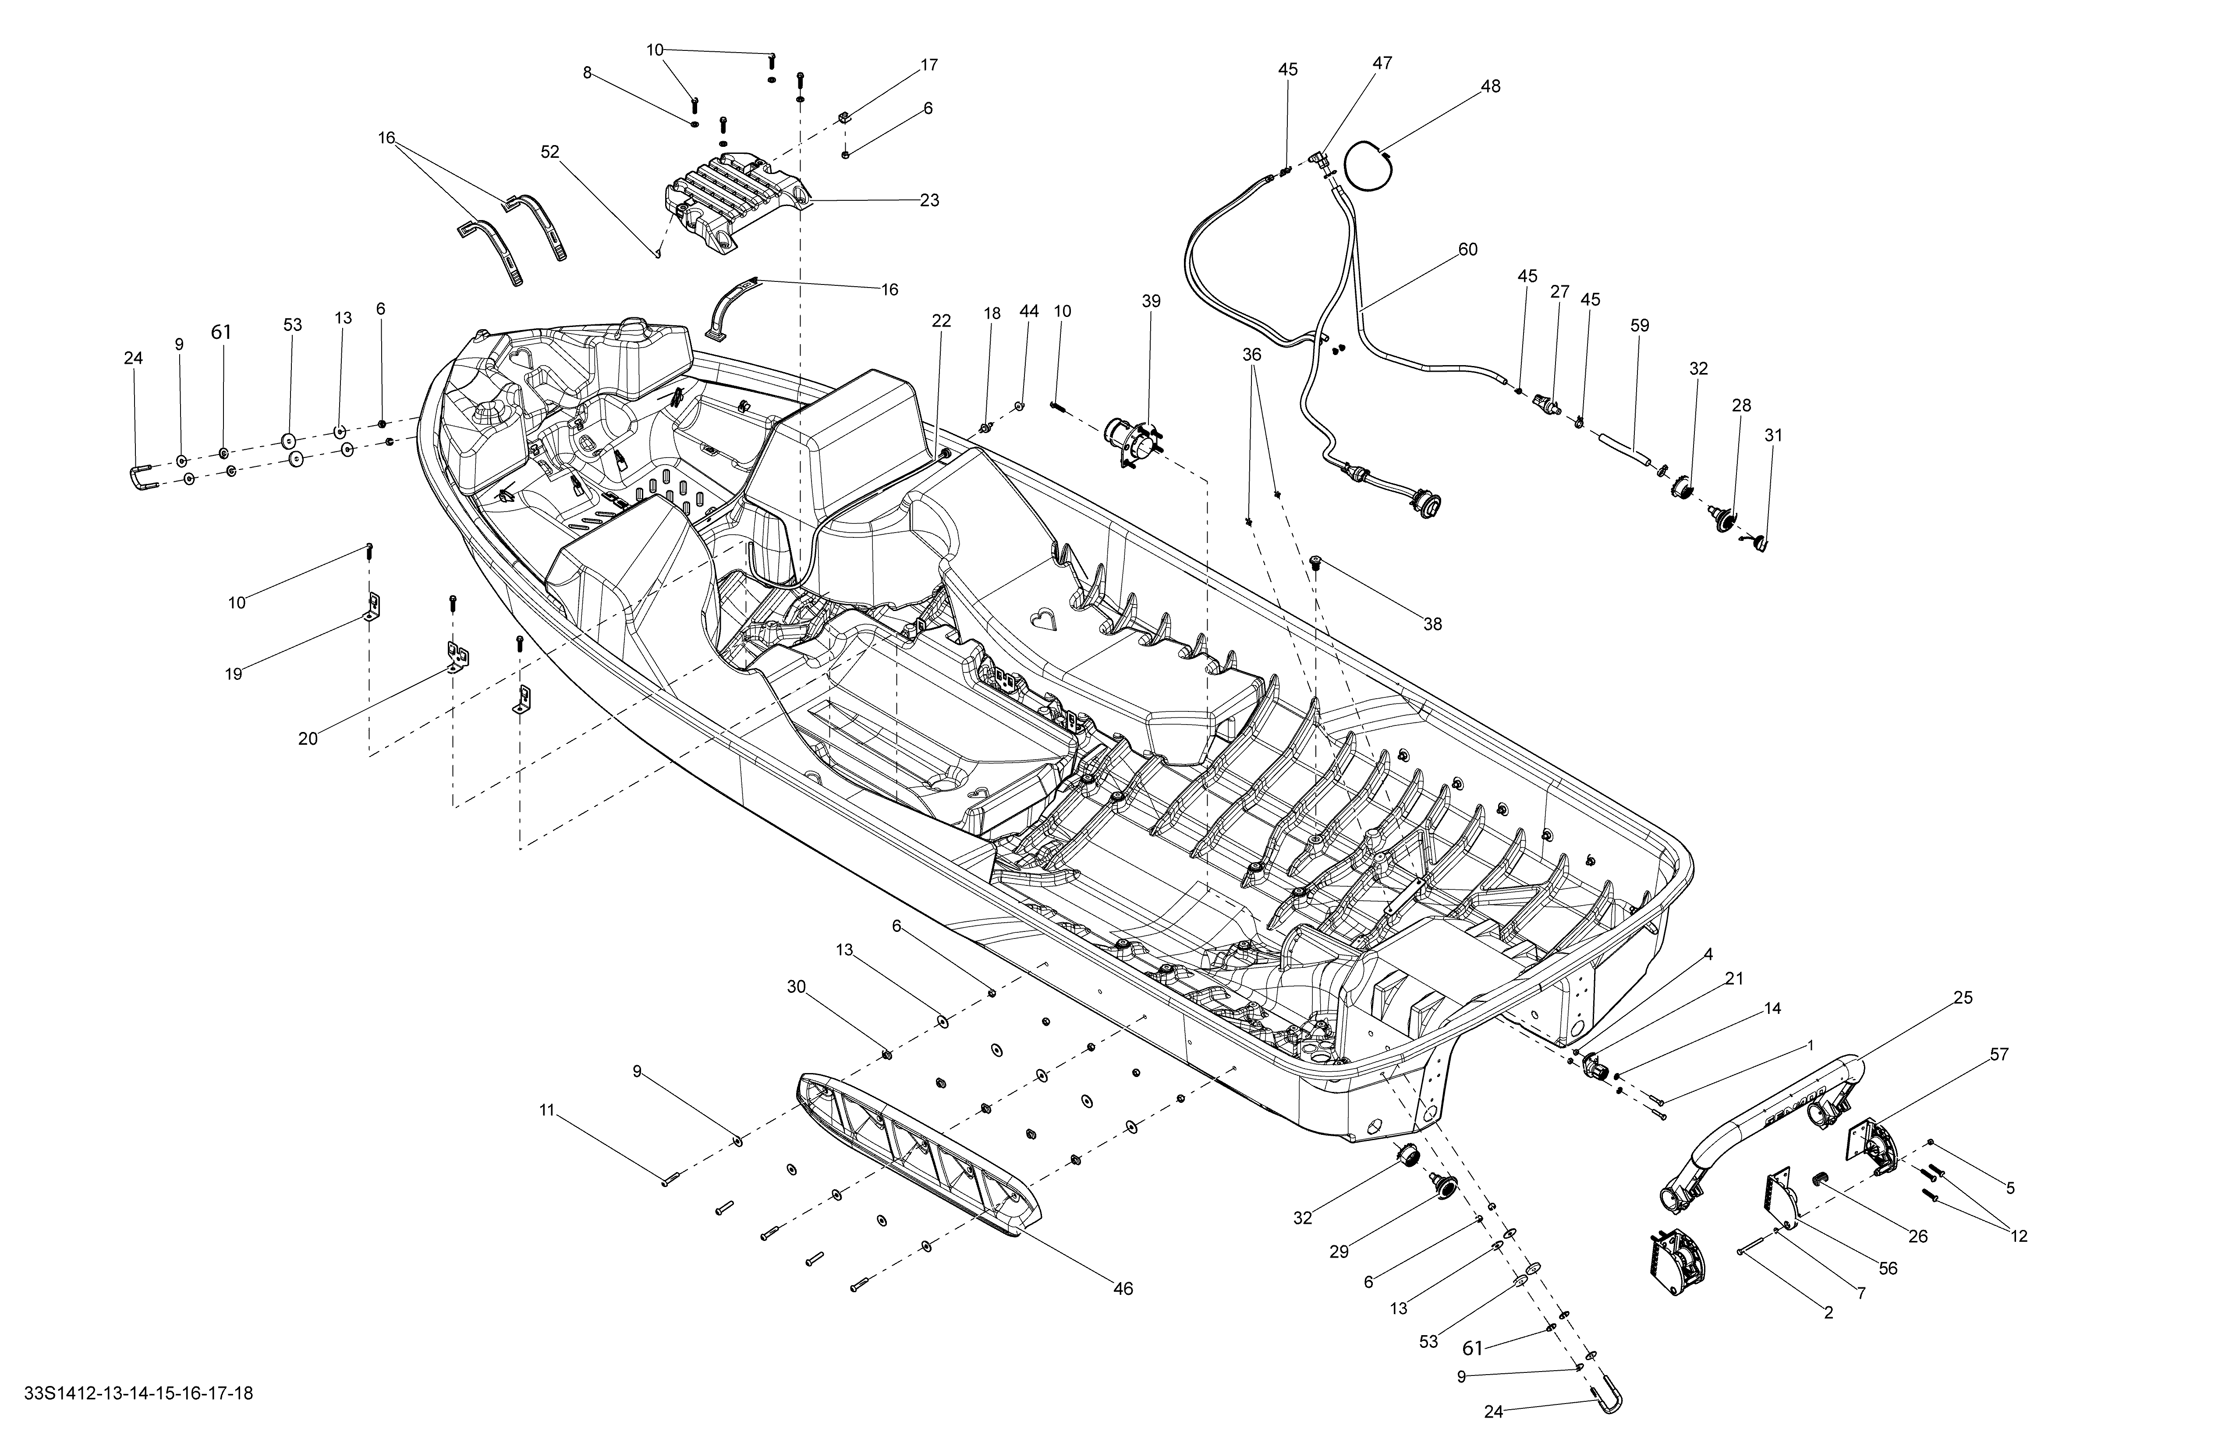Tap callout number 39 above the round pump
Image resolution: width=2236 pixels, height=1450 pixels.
1151,302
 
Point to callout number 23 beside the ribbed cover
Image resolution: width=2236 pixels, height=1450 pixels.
929,200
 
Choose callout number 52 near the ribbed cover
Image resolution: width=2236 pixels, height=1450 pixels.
549,151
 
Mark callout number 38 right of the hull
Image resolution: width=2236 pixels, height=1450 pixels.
1432,624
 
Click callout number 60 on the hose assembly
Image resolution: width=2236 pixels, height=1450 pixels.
1467,250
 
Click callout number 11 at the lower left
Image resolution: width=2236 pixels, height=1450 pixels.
547,1111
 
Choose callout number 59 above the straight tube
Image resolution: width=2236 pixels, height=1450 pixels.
1639,326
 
